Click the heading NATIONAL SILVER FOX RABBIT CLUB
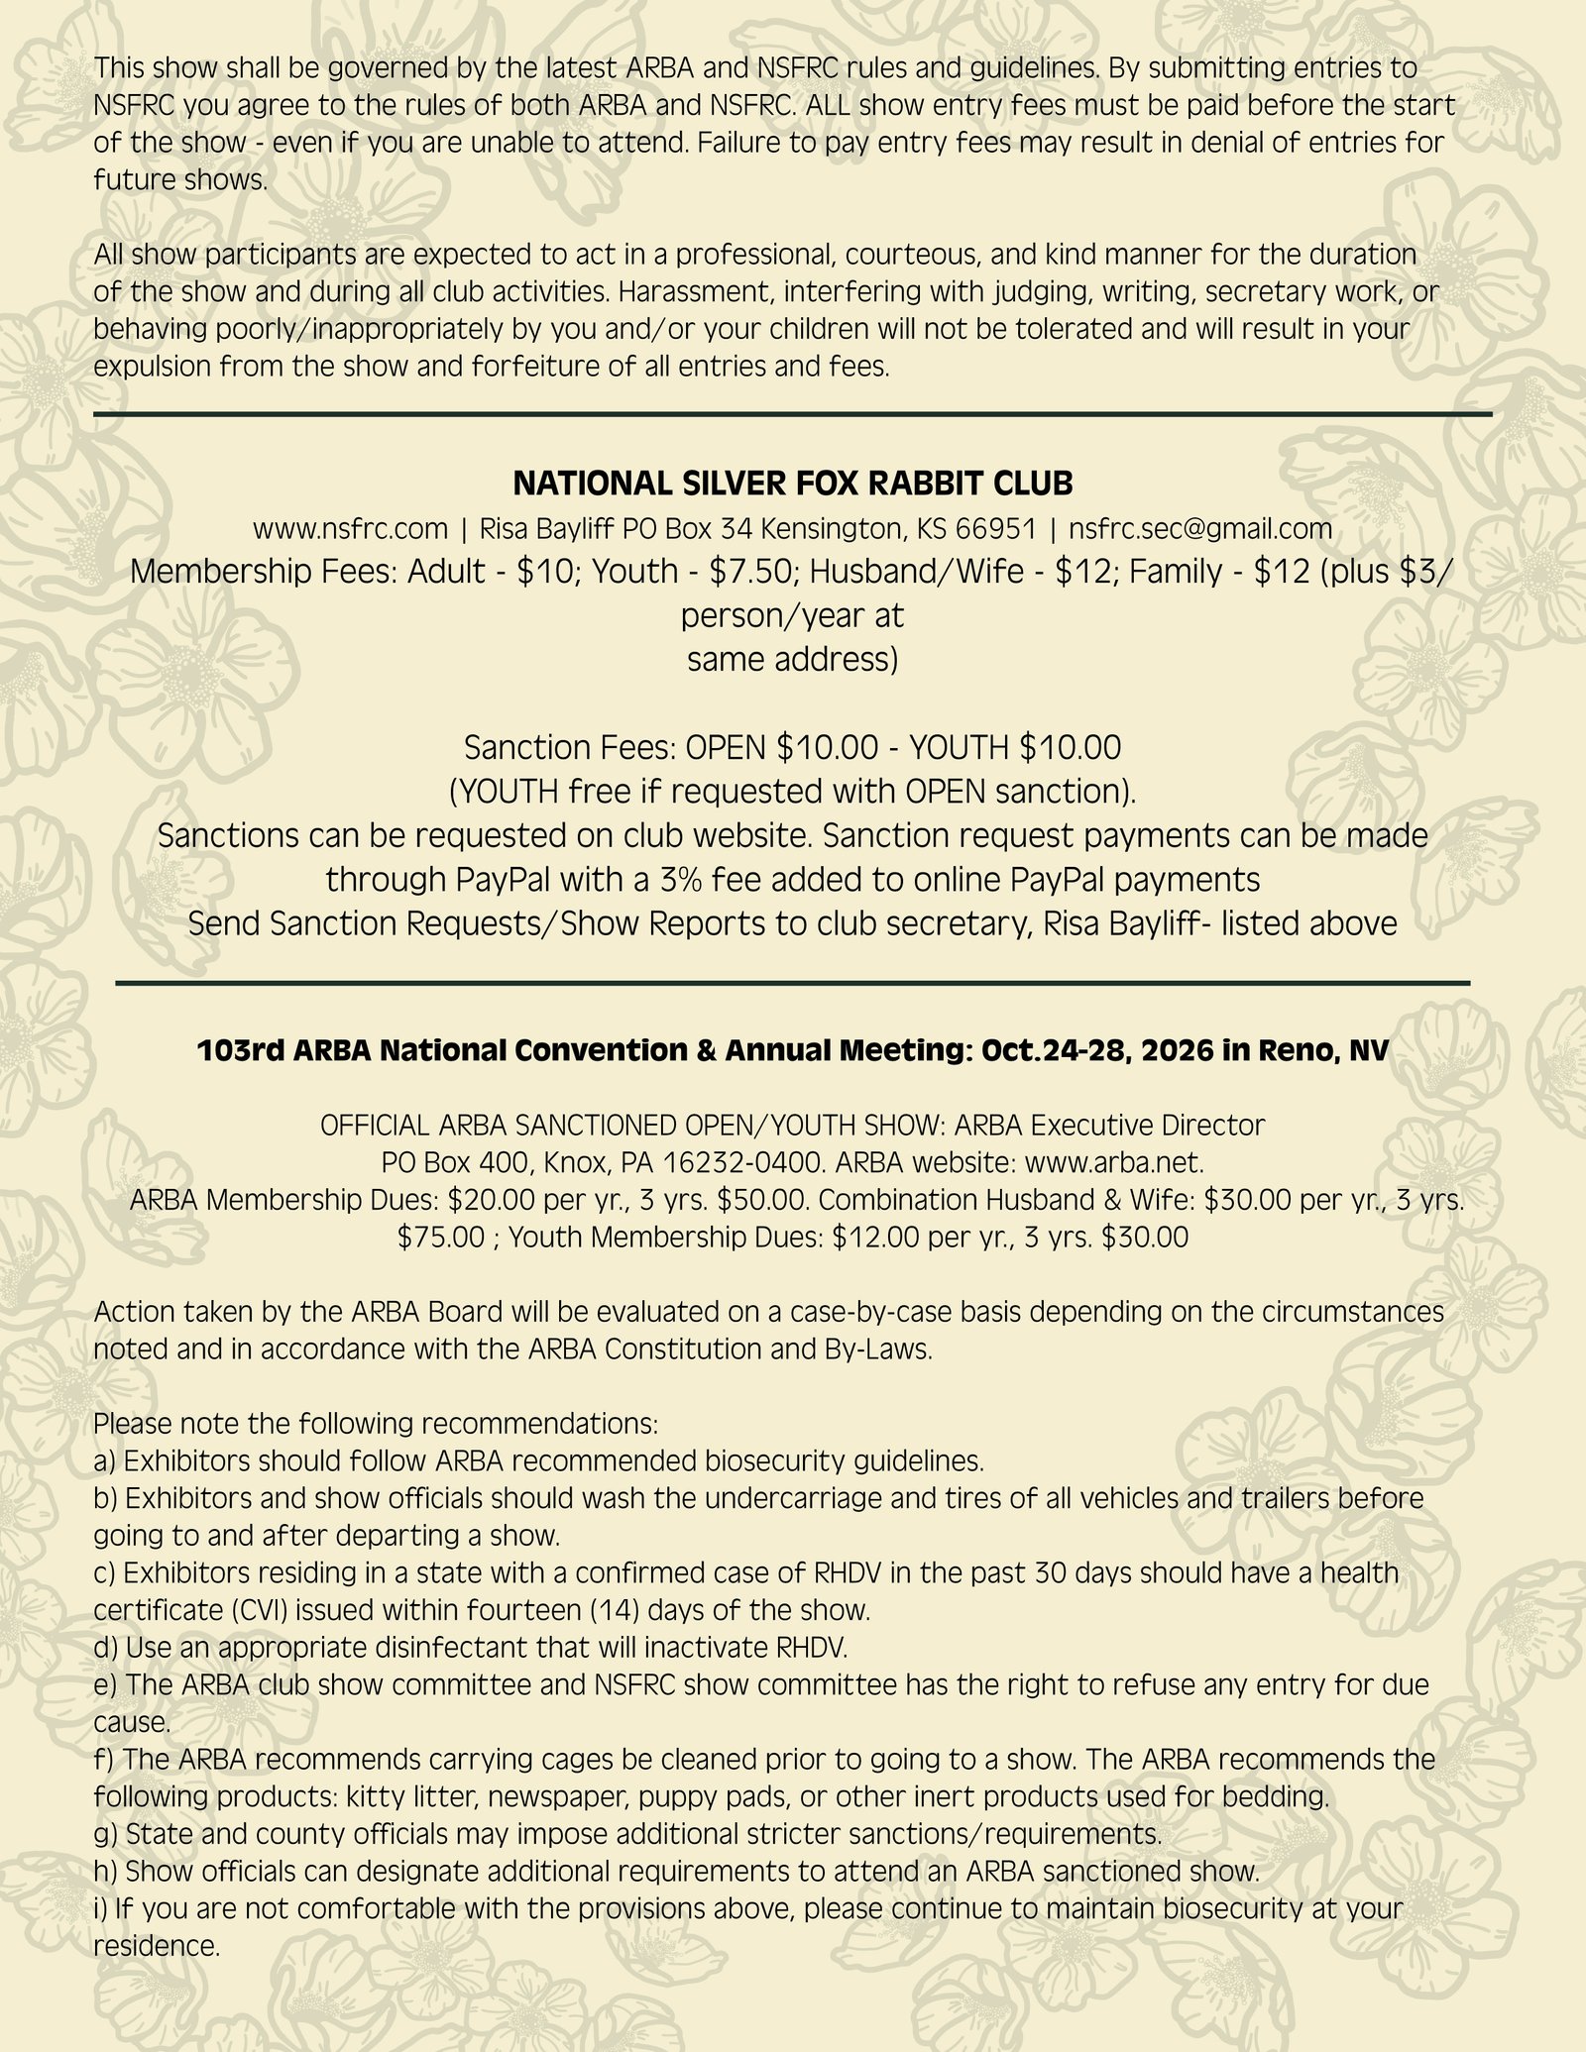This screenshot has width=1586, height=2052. tap(792, 484)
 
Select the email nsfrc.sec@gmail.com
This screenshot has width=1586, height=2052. tap(1199, 529)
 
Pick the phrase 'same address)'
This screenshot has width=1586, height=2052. tap(792, 659)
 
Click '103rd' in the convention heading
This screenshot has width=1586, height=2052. tap(237, 1051)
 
